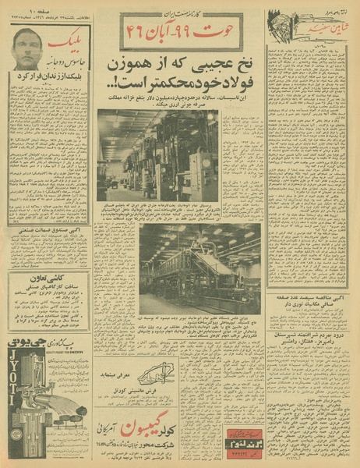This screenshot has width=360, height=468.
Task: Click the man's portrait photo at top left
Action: pos(27,48)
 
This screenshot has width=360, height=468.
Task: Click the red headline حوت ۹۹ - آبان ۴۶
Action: pos(182,30)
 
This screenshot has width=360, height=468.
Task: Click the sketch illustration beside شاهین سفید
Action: pos(278,22)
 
